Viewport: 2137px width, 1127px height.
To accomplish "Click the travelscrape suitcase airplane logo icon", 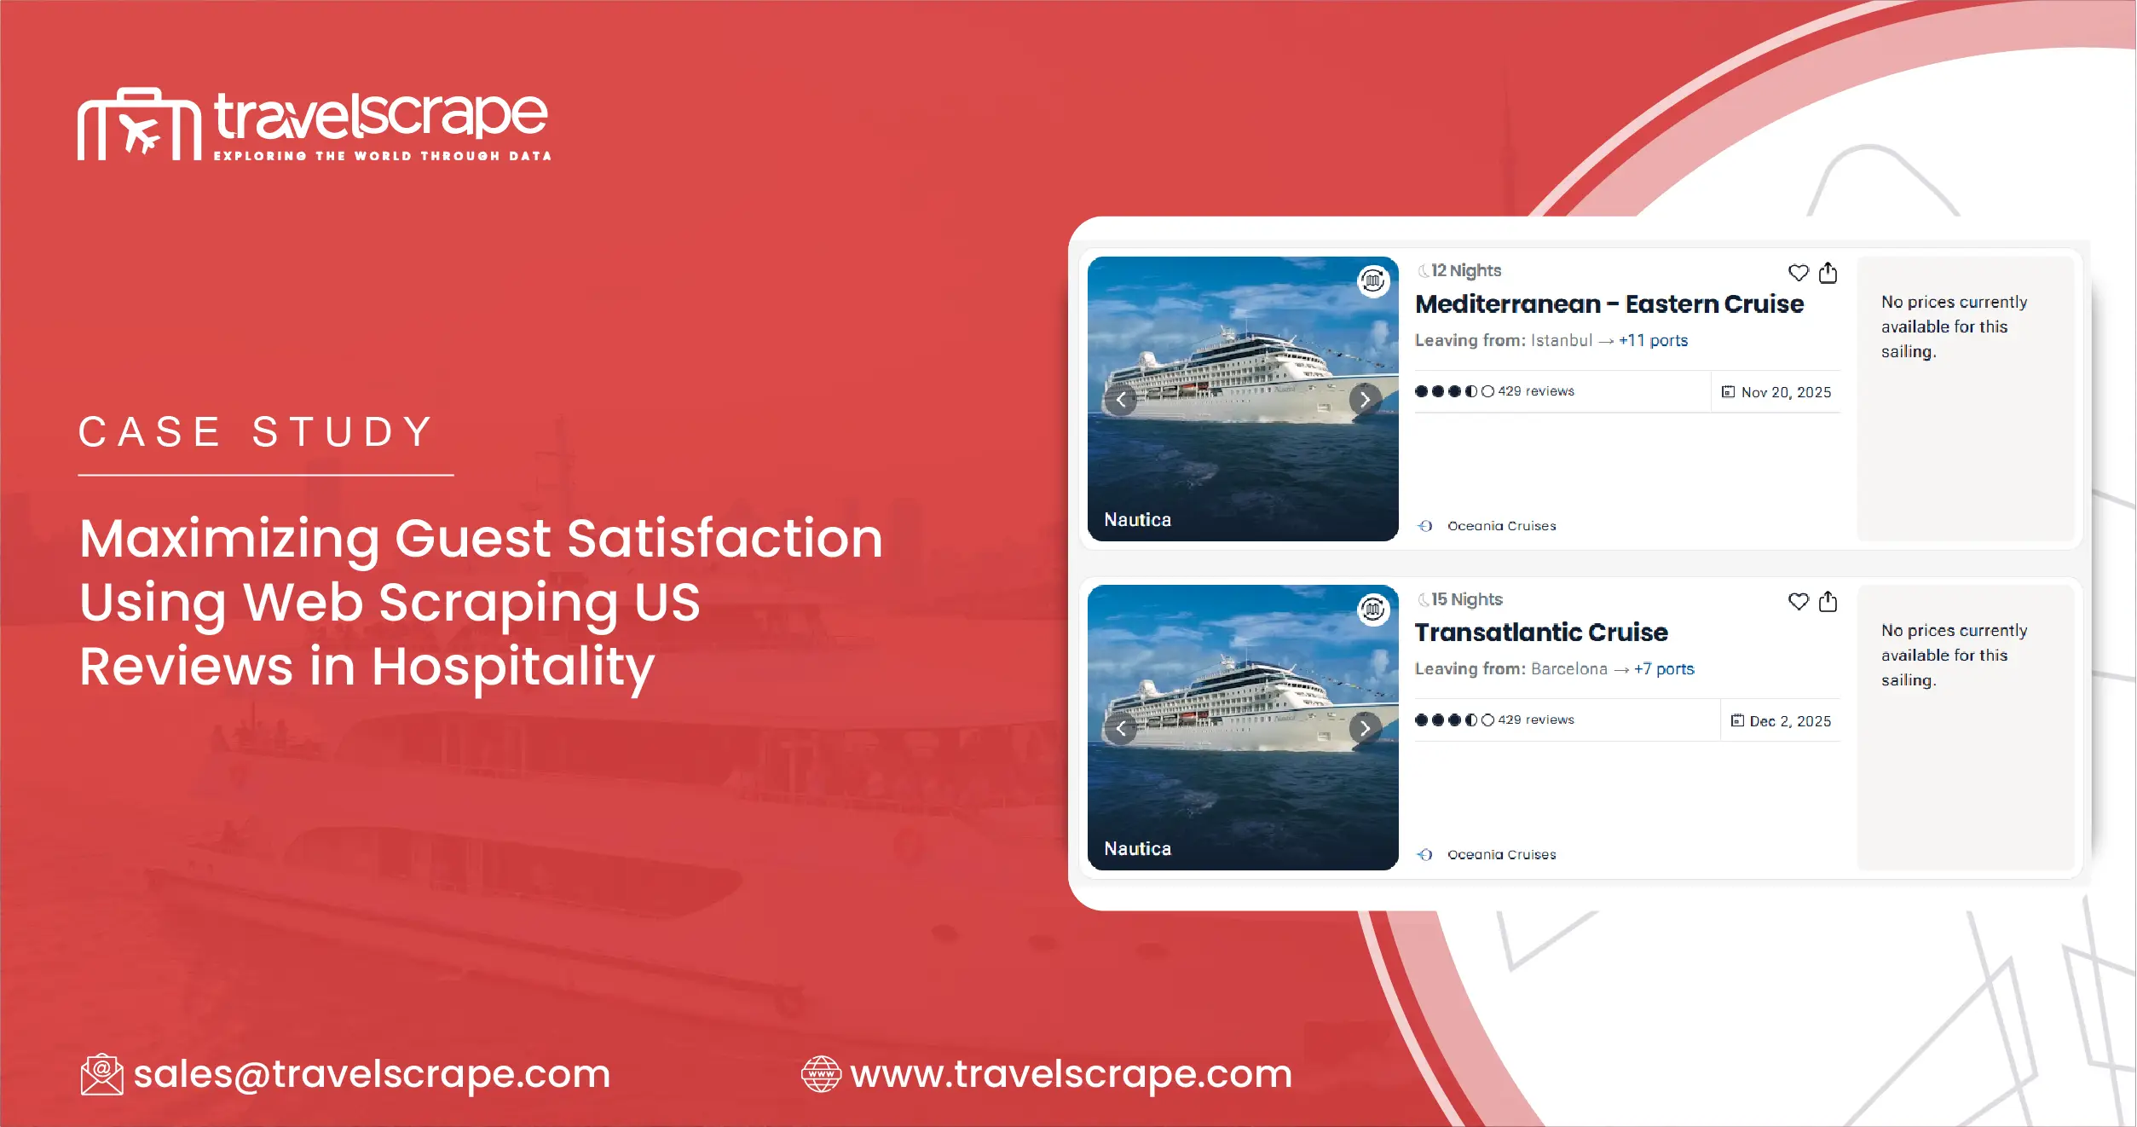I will (x=139, y=124).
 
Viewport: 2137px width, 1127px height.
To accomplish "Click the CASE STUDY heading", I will (x=257, y=432).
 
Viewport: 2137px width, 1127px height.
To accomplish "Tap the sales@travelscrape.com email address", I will (x=372, y=1073).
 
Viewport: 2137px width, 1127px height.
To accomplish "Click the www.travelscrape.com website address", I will (x=1071, y=1073).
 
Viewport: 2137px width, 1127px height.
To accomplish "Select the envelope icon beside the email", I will (x=101, y=1074).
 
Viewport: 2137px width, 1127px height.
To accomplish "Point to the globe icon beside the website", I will (x=821, y=1074).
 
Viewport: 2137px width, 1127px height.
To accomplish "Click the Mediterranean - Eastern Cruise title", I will (x=1609, y=304).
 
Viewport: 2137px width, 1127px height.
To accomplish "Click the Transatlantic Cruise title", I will (x=1540, y=633).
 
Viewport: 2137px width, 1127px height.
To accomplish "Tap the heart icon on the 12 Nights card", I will (x=1798, y=273).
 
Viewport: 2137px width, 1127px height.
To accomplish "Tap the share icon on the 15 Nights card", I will (x=1828, y=602).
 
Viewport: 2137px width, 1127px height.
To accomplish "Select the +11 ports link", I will (x=1653, y=340).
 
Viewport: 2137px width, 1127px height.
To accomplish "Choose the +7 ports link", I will (x=1663, y=669).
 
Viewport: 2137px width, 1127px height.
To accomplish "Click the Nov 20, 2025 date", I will (x=1785, y=392).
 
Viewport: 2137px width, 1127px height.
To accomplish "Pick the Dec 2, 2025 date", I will (x=1789, y=721).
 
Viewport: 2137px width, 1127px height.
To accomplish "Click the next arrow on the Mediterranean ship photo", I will (x=1365, y=399).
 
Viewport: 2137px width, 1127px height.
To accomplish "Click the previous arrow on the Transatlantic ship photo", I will (x=1120, y=728).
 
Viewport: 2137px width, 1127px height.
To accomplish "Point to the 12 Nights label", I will (x=1465, y=270).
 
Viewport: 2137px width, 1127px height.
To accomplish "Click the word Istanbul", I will (x=1561, y=340).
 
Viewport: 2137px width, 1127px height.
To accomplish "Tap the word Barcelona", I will (x=1568, y=669).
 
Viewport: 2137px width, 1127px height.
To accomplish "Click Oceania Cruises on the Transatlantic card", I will (x=1501, y=854).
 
